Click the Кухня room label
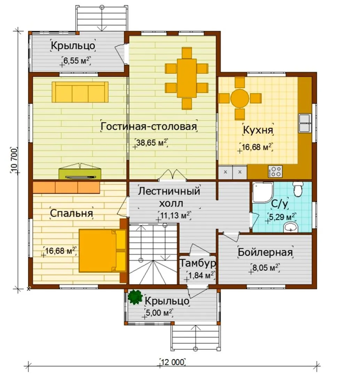click(258, 130)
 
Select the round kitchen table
click(240, 98)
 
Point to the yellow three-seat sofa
click(80, 92)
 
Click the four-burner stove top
click(275, 172)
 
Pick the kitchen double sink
click(305, 123)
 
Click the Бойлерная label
click(265, 252)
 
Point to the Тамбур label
click(198, 263)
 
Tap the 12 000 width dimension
click(172, 362)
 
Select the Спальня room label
click(71, 213)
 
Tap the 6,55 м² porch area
click(77, 60)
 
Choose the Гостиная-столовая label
click(149, 126)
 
